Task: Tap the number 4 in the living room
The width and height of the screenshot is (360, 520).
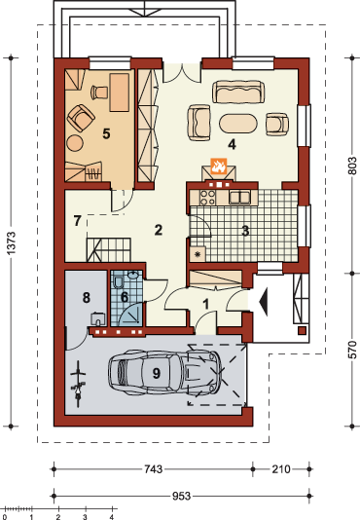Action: (x=232, y=144)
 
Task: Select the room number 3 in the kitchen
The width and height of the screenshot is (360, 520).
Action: (x=245, y=231)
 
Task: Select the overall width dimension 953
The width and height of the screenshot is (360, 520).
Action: (x=181, y=496)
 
